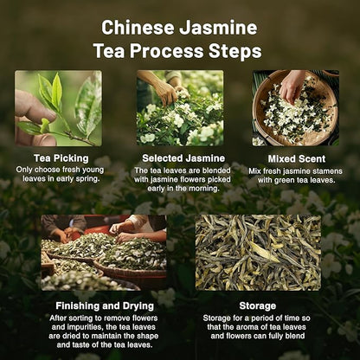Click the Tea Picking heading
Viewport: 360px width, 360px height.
click(58, 158)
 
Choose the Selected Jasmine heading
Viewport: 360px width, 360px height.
click(180, 158)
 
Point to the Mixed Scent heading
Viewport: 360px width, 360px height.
click(295, 158)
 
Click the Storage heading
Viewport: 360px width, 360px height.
click(257, 305)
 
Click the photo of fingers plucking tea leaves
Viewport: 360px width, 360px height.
click(58, 108)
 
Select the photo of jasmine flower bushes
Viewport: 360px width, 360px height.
click(180, 108)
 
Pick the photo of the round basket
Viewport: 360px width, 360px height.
click(295, 108)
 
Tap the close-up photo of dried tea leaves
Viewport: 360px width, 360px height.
click(258, 252)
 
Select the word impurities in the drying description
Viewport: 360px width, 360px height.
click(61, 327)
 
